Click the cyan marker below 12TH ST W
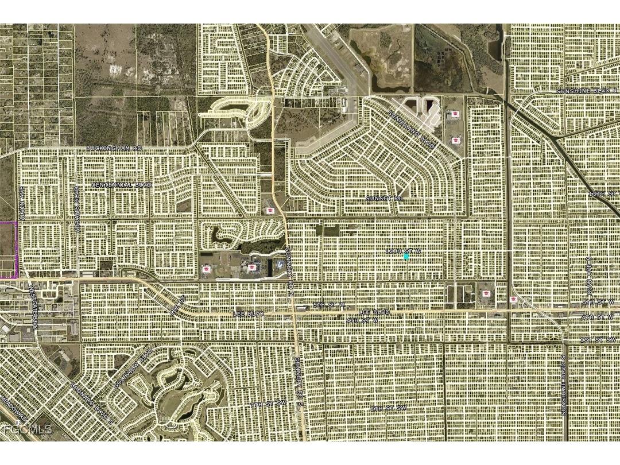pos(406,257)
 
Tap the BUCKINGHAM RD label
pos(114,149)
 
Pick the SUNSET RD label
pos(384,197)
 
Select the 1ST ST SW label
pos(597,340)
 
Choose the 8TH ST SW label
pos(388,408)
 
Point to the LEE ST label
pos(176,304)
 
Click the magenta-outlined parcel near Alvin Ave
pos(7,250)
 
